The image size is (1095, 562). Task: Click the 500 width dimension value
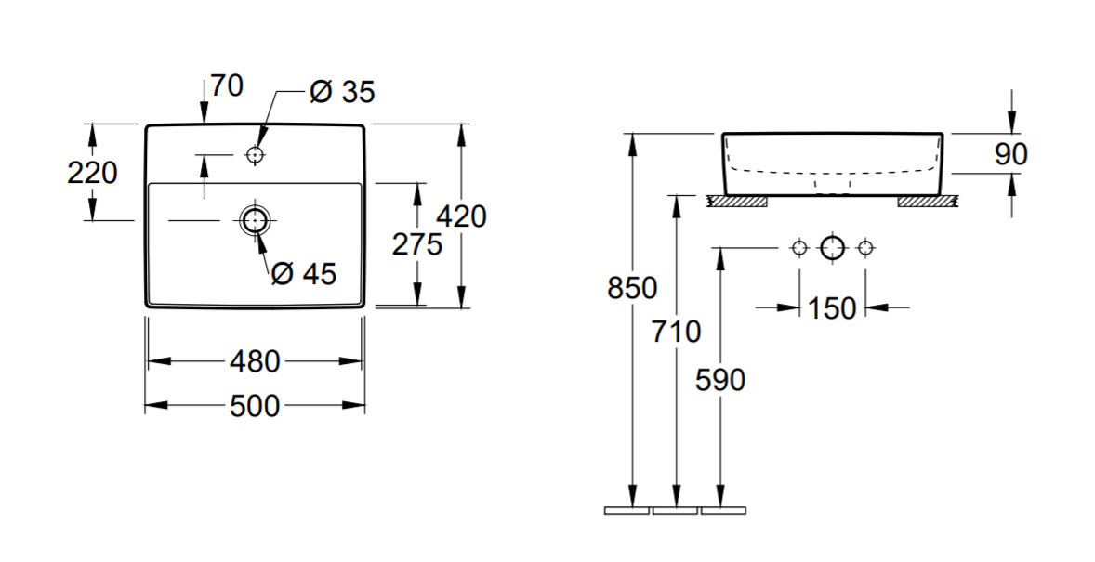[x=254, y=406]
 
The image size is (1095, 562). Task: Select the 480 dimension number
[x=254, y=361]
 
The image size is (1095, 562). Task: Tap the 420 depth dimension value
[x=461, y=216]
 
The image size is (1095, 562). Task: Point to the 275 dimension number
[x=417, y=244]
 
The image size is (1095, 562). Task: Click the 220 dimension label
[x=92, y=173]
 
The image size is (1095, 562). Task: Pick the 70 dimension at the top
[x=226, y=85]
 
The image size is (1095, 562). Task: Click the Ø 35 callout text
[x=342, y=91]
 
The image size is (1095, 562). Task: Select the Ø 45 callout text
[x=304, y=274]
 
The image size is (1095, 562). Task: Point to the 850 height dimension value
[x=632, y=288]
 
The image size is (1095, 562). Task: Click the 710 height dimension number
[x=676, y=332]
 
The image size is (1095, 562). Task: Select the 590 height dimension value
[x=720, y=380]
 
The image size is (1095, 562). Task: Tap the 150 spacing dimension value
[x=832, y=307]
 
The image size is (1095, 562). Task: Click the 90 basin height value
[x=1011, y=154]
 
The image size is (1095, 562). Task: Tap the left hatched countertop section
[x=737, y=202]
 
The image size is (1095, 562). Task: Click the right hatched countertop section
[x=927, y=202]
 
